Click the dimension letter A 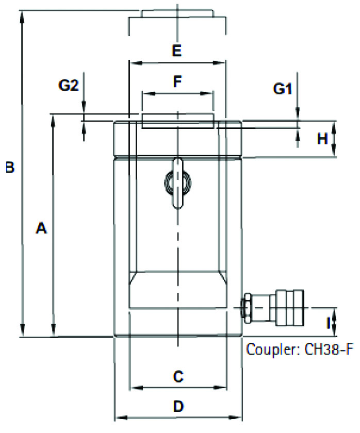[x=41, y=228]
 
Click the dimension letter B [x=10, y=168]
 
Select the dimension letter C [x=178, y=376]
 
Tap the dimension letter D [x=178, y=406]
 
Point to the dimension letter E [x=177, y=51]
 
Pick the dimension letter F [x=177, y=81]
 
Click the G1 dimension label [x=282, y=89]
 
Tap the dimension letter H [x=322, y=139]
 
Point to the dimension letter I [x=329, y=323]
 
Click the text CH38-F [x=329, y=349]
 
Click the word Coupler [x=273, y=349]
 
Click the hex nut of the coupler [x=246, y=308]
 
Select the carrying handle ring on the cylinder [x=178, y=182]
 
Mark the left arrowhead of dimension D [x=121, y=418]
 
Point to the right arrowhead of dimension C [x=220, y=388]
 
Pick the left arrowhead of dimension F [x=149, y=93]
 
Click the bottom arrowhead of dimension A [x=54, y=330]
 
